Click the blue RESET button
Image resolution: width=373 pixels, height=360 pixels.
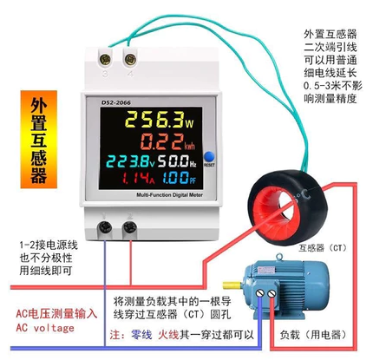[209, 156]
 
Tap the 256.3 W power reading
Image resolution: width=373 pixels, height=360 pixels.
[160, 120]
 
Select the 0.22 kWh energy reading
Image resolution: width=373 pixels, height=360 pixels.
[167, 141]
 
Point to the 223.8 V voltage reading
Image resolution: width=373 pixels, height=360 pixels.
[131, 161]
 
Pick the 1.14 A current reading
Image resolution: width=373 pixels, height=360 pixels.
[138, 178]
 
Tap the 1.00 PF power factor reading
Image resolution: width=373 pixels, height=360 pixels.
[179, 178]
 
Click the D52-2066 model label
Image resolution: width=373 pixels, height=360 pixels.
[116, 102]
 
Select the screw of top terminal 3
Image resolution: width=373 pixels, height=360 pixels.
[105, 60]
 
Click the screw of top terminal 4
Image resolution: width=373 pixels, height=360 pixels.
[130, 60]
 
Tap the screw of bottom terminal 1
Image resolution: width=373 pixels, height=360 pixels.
[105, 227]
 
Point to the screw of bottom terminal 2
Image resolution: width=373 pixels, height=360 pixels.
[130, 227]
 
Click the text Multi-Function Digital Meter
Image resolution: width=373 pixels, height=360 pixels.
[169, 195]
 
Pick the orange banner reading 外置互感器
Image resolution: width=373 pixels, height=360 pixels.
[39, 140]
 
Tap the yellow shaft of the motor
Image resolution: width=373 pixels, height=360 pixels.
[232, 285]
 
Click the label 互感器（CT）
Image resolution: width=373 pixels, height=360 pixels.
[323, 248]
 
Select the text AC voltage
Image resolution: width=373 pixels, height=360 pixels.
[45, 328]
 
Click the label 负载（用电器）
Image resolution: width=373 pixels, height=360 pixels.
[313, 336]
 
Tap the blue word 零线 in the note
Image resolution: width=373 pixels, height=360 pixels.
[141, 335]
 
